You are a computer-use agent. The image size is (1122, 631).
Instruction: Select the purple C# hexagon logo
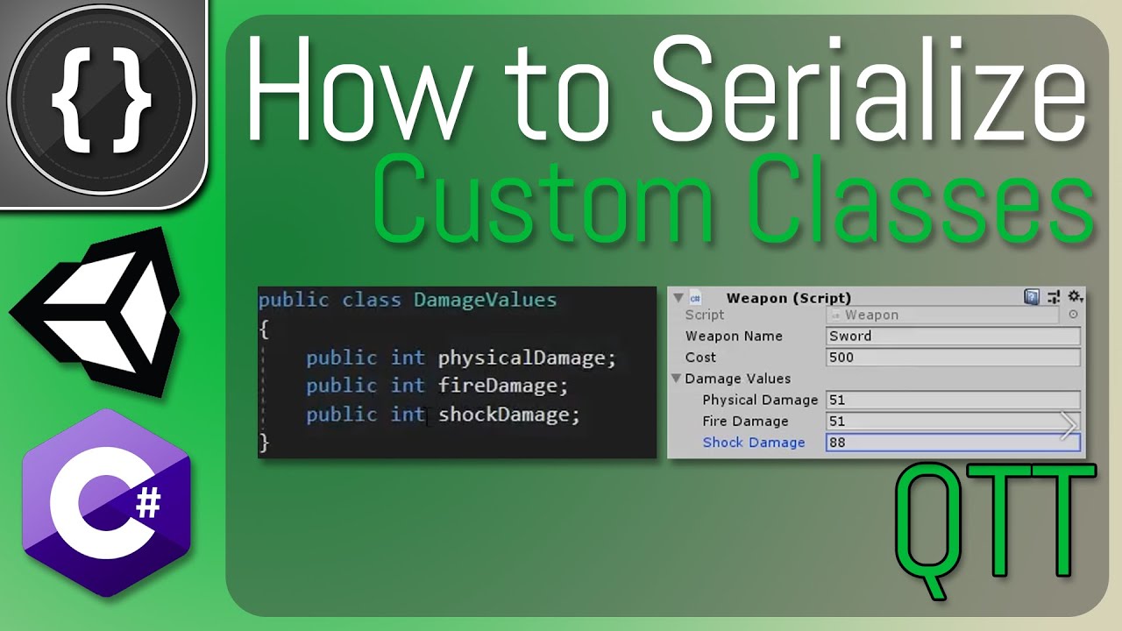tap(105, 503)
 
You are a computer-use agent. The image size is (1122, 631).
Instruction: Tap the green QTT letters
tap(996, 531)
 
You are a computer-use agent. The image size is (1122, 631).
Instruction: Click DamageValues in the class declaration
tap(485, 301)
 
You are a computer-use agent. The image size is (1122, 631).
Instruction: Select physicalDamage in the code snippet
tap(527, 358)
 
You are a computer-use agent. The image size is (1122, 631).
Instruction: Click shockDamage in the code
tap(508, 414)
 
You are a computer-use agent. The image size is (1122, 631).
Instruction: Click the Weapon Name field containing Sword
tap(953, 337)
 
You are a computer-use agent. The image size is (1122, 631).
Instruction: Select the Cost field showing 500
tap(953, 358)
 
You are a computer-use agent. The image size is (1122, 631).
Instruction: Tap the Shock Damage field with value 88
tap(953, 443)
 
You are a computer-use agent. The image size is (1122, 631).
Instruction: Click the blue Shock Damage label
tap(754, 443)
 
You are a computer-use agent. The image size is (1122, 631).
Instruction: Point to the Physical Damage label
tap(760, 400)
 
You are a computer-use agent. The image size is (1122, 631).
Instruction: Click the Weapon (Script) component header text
tap(789, 298)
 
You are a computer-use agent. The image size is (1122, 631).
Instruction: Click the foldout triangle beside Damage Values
tap(677, 379)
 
